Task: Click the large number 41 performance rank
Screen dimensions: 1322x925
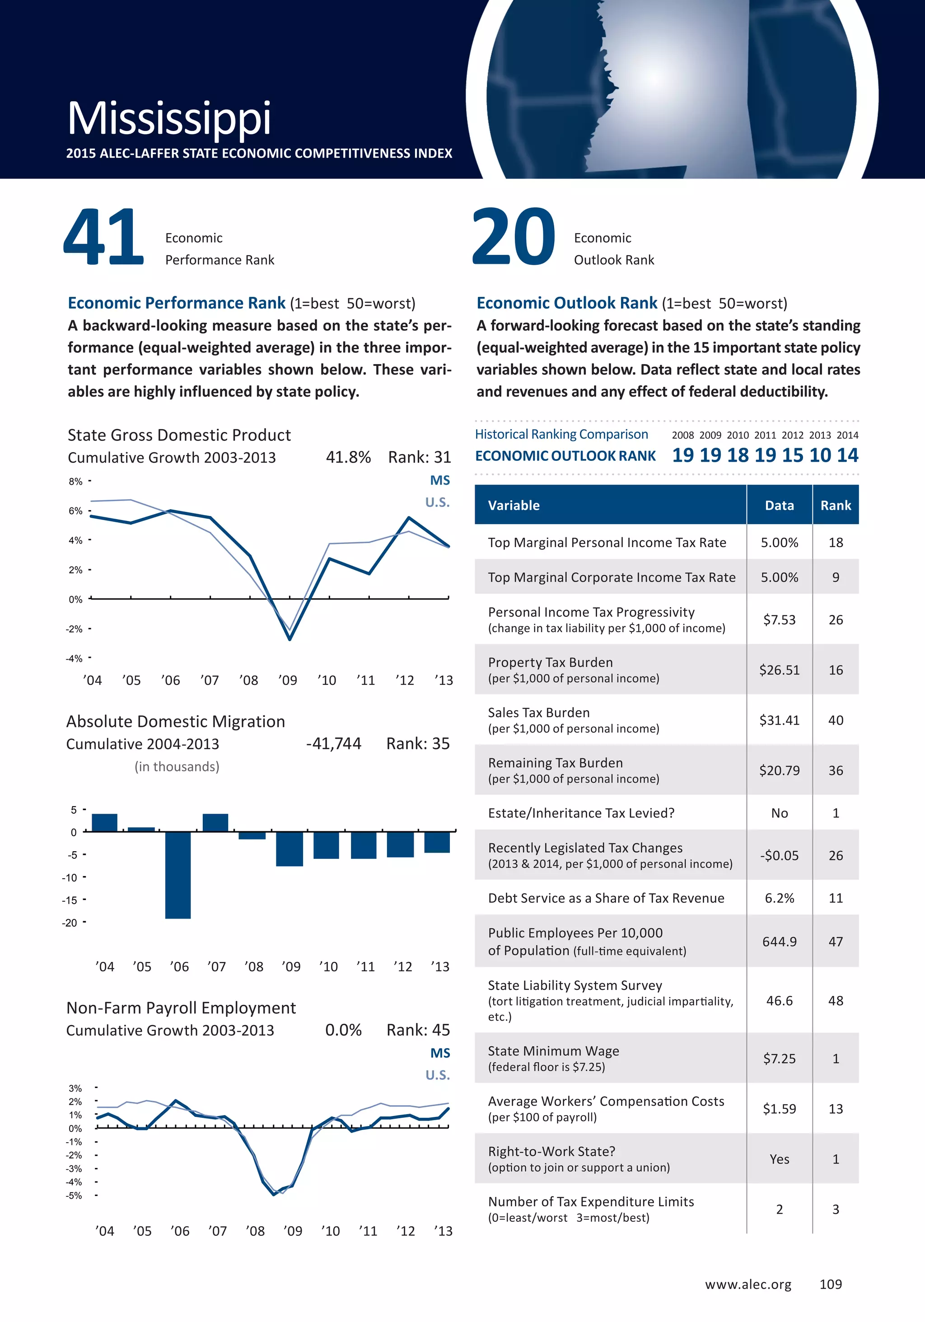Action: (103, 237)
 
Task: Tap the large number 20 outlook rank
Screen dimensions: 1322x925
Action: (514, 237)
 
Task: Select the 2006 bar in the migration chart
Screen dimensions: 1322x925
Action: (178, 875)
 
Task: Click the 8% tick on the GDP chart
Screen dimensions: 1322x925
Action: (75, 481)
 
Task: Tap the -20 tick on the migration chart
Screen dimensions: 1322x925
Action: (70, 923)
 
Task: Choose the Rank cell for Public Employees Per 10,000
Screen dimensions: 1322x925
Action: (835, 942)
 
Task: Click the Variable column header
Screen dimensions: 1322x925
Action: (514, 506)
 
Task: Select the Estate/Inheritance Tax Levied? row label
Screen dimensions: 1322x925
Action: (581, 813)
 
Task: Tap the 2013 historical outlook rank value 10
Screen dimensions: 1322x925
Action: (820, 455)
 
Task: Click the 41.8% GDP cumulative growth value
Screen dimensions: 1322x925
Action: (348, 457)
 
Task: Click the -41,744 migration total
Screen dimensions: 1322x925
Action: (333, 744)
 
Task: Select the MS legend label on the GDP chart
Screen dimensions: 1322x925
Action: (440, 481)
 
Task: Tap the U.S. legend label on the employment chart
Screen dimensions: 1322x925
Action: (438, 1075)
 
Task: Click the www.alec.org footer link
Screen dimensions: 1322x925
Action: (747, 1284)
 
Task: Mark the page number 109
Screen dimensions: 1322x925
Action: (831, 1284)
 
